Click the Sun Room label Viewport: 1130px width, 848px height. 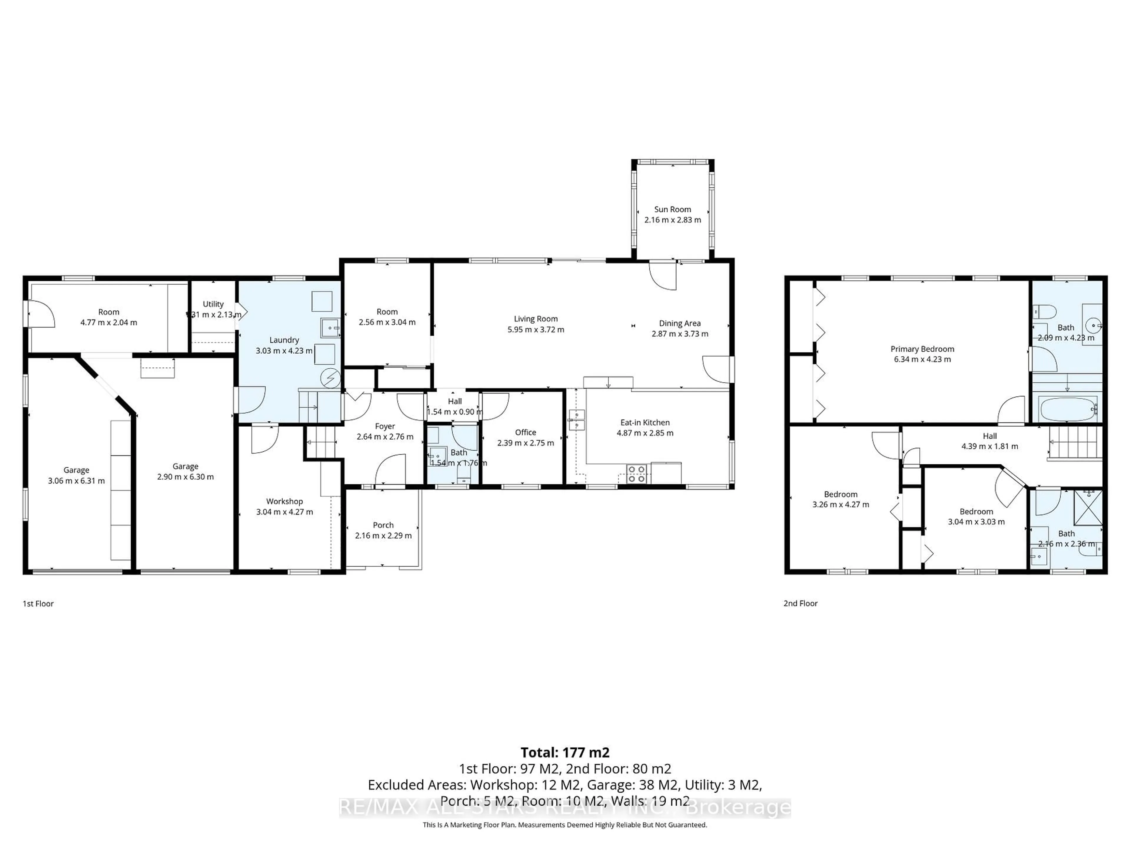point(672,209)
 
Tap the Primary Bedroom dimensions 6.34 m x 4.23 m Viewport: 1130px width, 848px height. point(922,359)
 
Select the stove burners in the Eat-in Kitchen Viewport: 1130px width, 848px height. point(636,474)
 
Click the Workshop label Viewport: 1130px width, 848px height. point(284,501)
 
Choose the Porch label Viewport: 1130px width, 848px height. point(383,525)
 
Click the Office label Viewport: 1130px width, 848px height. point(525,433)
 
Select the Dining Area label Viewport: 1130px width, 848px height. point(679,323)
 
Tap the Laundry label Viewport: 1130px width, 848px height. point(284,340)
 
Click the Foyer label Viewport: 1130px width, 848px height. point(385,426)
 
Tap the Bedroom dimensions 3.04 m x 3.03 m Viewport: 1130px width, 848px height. point(976,522)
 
